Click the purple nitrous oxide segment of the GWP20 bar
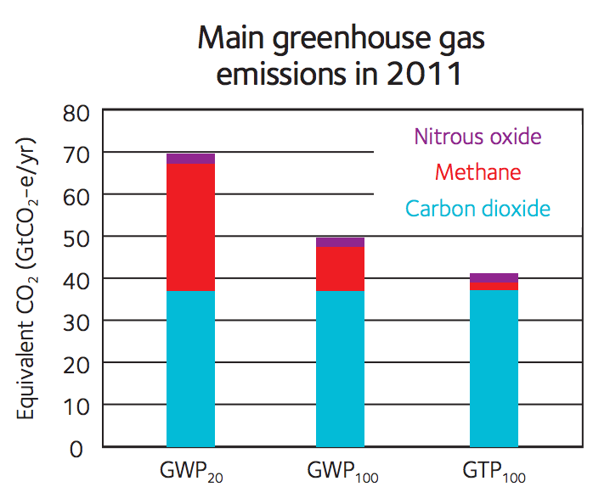[x=190, y=159]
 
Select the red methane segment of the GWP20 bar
[x=190, y=227]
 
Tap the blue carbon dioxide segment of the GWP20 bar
[x=190, y=368]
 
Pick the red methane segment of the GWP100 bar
[x=341, y=269]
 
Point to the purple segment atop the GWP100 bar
[x=341, y=243]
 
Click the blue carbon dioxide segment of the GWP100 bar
[x=341, y=368]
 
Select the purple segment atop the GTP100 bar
[x=494, y=278]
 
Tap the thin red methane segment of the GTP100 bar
[x=494, y=287]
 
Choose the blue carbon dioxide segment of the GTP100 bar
[x=494, y=368]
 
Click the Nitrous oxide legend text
[x=477, y=137]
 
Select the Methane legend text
[x=477, y=173]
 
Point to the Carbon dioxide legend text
[x=477, y=209]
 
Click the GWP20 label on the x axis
[x=191, y=472]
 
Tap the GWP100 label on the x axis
[x=342, y=472]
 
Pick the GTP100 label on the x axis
[x=494, y=472]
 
